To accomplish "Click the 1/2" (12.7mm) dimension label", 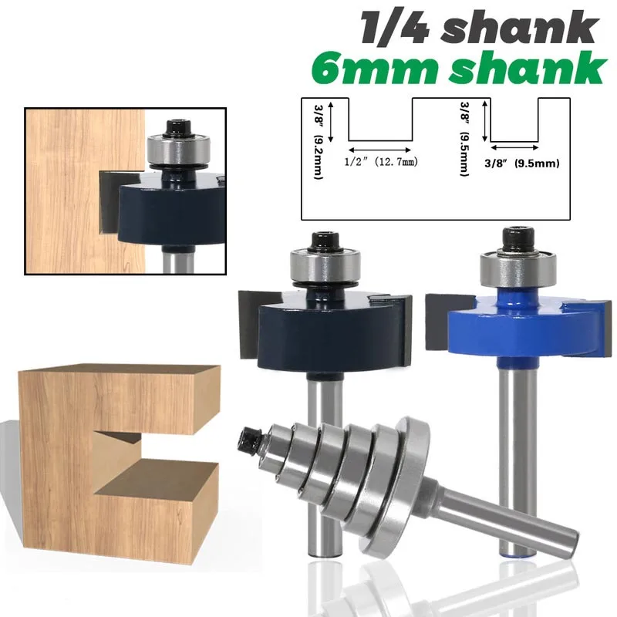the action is (381, 162).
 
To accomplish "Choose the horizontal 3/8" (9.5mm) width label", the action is (522, 164).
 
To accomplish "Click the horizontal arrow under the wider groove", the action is (380, 150).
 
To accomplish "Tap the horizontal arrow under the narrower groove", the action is (514, 147).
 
